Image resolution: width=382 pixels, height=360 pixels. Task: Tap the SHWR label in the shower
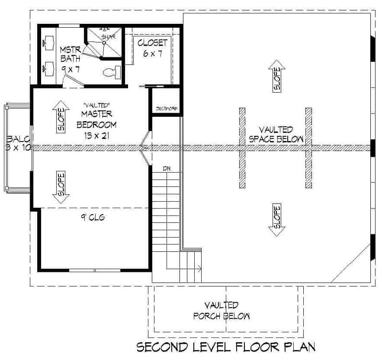107,37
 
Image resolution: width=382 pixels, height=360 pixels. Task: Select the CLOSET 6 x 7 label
152,48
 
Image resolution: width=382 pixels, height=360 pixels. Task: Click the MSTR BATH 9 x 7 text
70,58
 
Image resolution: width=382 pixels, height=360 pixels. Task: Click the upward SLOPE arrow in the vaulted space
276,76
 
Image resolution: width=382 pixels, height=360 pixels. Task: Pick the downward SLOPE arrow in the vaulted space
276,220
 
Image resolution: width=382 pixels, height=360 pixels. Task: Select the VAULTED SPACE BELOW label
276,135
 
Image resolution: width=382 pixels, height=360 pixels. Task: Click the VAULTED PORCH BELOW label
221,311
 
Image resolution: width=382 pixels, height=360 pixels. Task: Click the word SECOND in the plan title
162,347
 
